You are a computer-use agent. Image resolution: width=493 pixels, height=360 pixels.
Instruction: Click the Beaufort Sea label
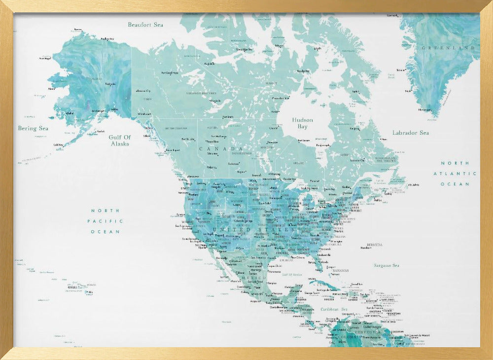145,25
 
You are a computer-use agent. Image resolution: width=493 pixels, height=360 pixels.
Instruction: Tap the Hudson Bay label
302,123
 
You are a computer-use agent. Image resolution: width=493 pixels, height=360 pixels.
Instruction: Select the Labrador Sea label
410,133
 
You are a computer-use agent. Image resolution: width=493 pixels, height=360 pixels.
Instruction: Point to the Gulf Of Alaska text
120,141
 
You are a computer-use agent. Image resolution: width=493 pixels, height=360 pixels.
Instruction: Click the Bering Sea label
34,128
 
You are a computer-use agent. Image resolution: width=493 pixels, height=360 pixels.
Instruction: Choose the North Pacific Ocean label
105,221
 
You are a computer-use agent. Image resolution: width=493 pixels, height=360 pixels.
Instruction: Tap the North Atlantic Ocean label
455,174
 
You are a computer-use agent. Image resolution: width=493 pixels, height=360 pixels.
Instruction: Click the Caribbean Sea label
334,310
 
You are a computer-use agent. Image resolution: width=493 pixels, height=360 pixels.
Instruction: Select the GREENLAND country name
448,48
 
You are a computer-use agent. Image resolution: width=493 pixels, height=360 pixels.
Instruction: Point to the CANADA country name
221,148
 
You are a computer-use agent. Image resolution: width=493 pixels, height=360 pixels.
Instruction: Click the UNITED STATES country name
255,230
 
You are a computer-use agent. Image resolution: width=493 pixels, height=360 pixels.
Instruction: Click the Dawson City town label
144,91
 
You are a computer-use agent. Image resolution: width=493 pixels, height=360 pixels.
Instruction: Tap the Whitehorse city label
145,114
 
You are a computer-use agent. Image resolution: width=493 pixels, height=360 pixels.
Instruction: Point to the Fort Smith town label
228,117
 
